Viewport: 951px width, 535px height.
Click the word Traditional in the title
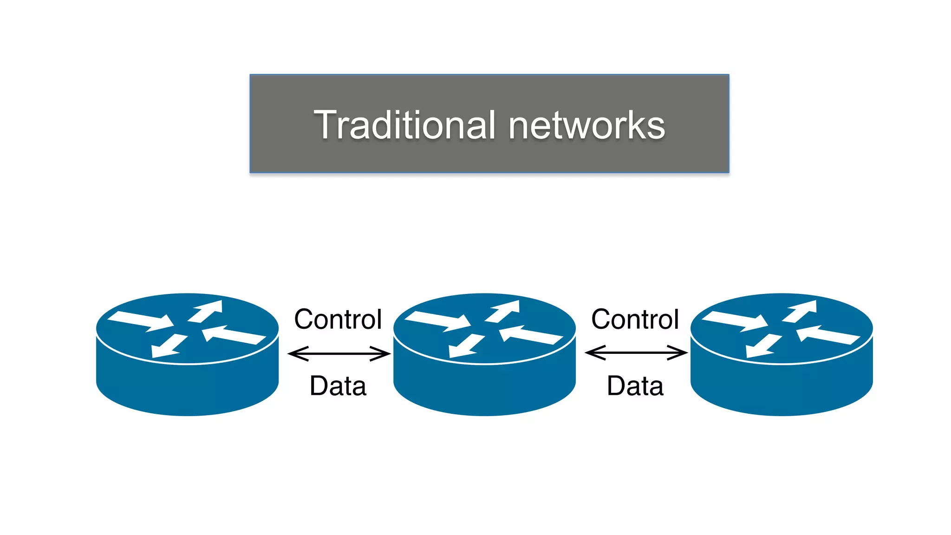(404, 125)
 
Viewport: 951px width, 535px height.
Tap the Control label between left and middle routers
(338, 320)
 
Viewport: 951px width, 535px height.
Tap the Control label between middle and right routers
(635, 320)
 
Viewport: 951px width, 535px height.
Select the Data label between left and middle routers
(338, 386)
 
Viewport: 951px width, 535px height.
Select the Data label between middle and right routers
(635, 386)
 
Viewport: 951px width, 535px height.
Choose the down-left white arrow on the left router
(167, 346)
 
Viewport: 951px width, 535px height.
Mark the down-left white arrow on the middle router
(464, 346)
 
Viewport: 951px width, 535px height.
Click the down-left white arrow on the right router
(762, 346)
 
